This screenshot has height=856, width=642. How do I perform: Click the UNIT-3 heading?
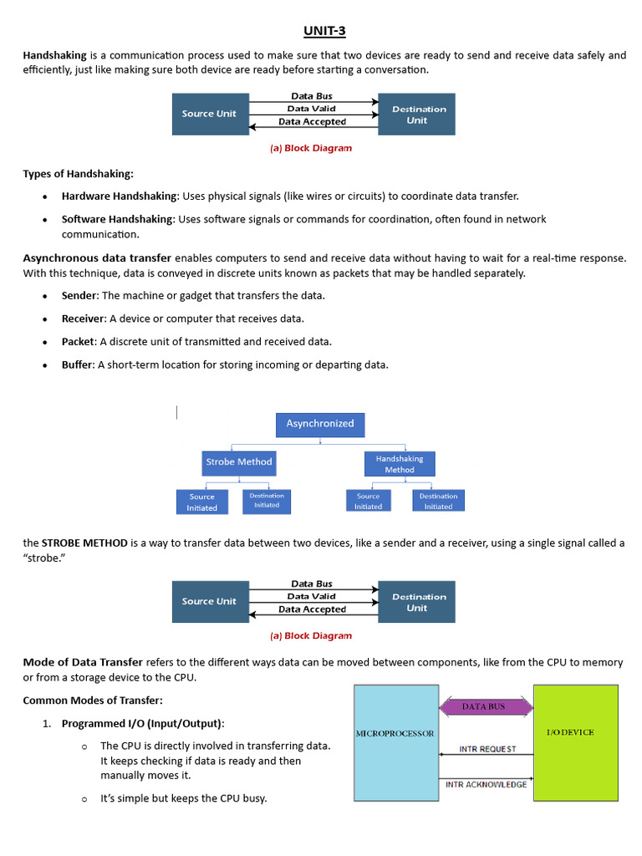pyautogui.click(x=324, y=32)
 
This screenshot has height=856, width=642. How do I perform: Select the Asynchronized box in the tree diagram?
pyautogui.click(x=320, y=424)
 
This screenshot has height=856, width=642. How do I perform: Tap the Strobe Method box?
pyautogui.click(x=238, y=461)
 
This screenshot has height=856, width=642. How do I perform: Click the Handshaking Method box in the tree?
pyautogui.click(x=399, y=464)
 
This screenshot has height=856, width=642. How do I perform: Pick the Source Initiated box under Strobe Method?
pyautogui.click(x=201, y=502)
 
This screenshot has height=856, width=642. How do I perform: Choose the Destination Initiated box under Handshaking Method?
pyautogui.click(x=438, y=501)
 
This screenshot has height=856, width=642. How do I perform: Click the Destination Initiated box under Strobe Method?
pyautogui.click(x=267, y=501)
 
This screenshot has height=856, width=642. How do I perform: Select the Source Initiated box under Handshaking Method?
pyautogui.click(x=368, y=501)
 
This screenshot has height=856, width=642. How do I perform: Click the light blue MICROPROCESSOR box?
pyautogui.click(x=396, y=742)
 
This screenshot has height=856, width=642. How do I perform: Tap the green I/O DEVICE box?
pyautogui.click(x=575, y=742)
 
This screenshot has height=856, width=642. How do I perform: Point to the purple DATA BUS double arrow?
pyautogui.click(x=486, y=707)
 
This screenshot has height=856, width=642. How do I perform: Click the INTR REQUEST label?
pyautogui.click(x=487, y=749)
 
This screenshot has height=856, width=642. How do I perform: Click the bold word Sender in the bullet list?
pyautogui.click(x=79, y=296)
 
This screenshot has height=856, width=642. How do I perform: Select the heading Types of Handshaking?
pyautogui.click(x=78, y=174)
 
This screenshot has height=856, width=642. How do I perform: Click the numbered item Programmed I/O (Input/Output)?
pyautogui.click(x=143, y=723)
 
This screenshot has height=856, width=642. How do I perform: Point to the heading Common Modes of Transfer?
pyautogui.click(x=92, y=700)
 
